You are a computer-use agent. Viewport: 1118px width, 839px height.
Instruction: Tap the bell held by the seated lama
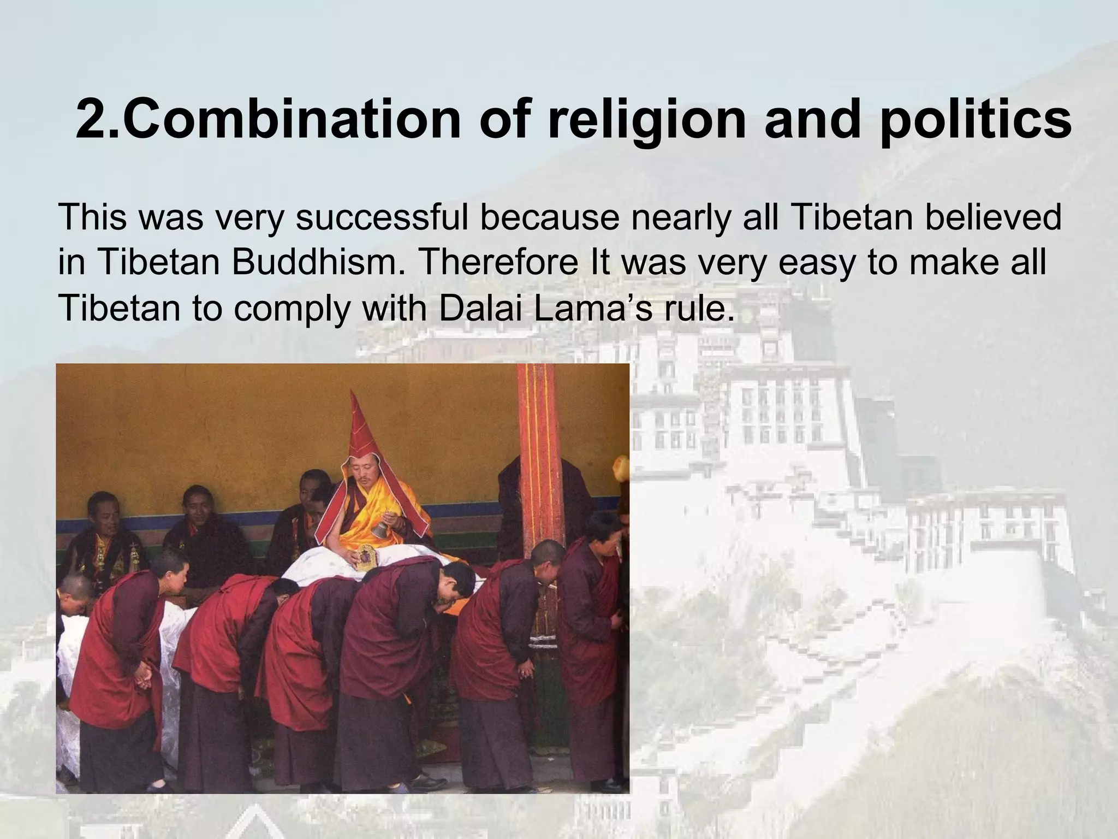tap(379, 529)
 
